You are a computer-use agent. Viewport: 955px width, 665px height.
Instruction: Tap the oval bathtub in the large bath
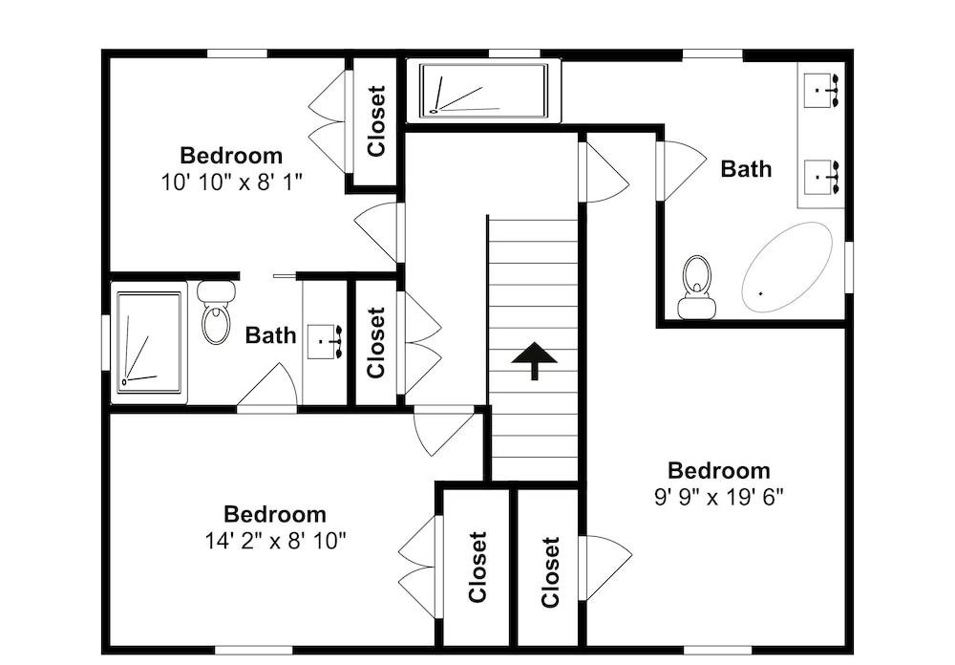(x=786, y=268)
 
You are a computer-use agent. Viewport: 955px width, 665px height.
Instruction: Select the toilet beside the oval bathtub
(x=696, y=287)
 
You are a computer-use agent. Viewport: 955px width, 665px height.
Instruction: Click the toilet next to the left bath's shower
(x=216, y=312)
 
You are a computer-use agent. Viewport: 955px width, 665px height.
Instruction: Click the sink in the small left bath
(x=326, y=342)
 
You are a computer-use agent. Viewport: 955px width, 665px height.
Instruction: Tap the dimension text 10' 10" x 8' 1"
(x=231, y=182)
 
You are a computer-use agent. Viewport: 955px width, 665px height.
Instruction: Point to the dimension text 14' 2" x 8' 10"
(x=275, y=541)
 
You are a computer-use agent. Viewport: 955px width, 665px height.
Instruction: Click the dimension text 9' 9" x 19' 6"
(x=719, y=498)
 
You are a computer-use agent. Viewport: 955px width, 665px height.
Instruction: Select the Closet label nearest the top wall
(x=376, y=120)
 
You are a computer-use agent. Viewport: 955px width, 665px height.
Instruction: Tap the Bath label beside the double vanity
(x=746, y=169)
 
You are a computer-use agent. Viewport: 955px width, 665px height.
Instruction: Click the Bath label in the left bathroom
(x=270, y=335)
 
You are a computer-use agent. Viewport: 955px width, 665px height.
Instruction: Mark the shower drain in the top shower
(x=434, y=111)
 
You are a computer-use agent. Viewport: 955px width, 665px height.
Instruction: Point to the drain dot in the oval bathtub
(x=761, y=293)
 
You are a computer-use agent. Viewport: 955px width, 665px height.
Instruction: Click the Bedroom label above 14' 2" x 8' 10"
(x=275, y=514)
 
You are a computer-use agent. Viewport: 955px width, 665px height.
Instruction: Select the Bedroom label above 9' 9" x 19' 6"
(x=719, y=470)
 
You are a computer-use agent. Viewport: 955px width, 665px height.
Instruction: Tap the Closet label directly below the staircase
(x=550, y=571)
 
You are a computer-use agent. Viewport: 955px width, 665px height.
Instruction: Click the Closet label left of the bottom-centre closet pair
(x=477, y=567)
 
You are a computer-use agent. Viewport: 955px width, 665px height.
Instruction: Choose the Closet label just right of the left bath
(x=376, y=343)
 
